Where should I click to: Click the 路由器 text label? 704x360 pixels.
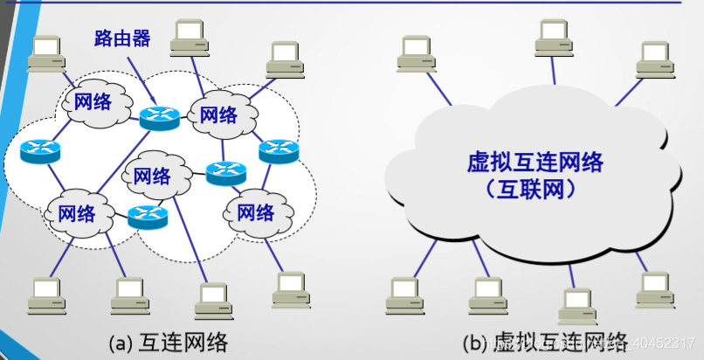(122, 38)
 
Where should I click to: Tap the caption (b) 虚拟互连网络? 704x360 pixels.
(546, 343)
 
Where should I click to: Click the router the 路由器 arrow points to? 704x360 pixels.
(158, 116)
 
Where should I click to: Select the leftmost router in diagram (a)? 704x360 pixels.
(40, 152)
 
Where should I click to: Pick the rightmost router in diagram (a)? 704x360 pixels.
(280, 150)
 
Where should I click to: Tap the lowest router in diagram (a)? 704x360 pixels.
(148, 216)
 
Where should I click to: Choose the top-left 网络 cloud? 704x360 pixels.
(93, 101)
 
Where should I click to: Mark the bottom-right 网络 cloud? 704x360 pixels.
(255, 211)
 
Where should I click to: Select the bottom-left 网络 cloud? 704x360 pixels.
(77, 211)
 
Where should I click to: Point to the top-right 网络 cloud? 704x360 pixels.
(218, 115)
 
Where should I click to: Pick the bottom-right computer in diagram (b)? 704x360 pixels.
(654, 289)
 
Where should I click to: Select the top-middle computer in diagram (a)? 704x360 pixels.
(190, 36)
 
